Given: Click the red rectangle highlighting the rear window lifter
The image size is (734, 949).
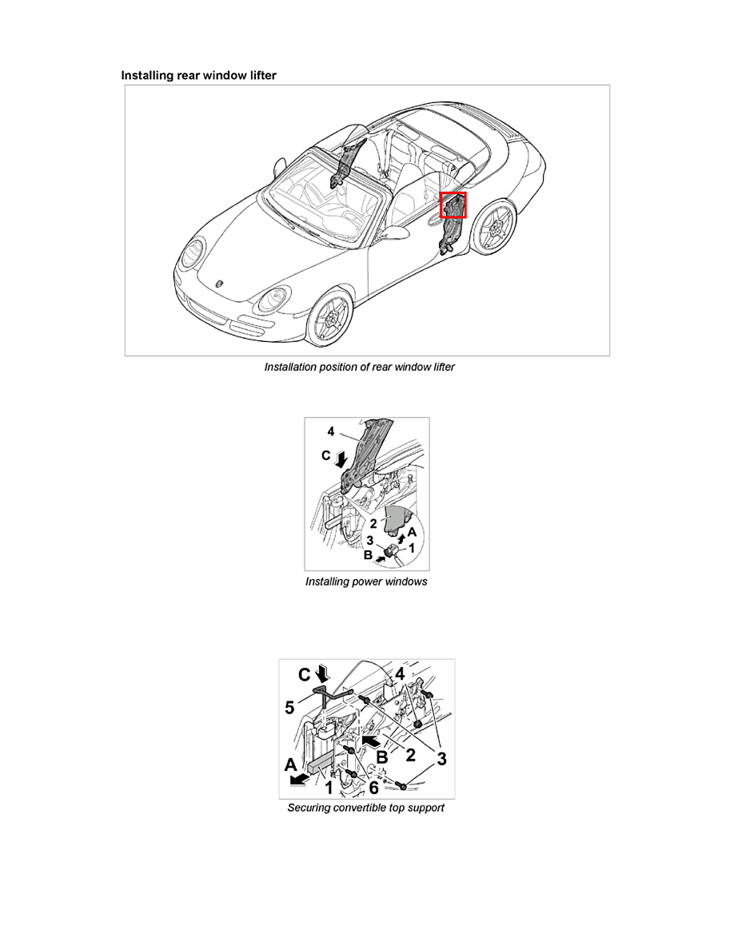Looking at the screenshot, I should click(453, 204).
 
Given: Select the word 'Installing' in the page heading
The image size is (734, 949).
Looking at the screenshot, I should click(148, 75).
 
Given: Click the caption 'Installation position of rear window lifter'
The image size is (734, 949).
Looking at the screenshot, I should click(359, 367).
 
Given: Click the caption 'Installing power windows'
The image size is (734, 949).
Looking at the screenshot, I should click(366, 582).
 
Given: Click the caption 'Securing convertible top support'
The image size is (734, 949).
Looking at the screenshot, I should click(365, 808).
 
